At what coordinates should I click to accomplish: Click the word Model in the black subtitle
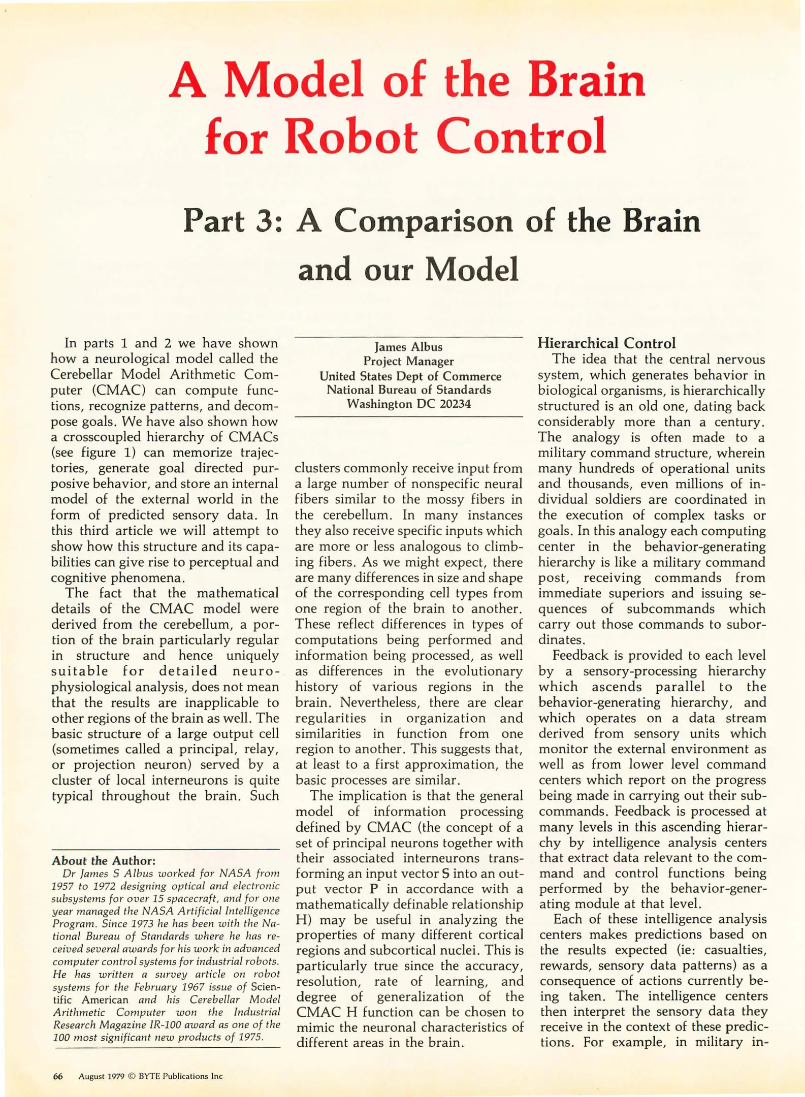pyautogui.click(x=472, y=270)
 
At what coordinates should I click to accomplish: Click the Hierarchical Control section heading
pyautogui.click(x=606, y=343)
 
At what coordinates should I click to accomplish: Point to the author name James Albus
pyautogui.click(x=408, y=347)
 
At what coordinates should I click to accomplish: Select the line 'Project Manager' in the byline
pyautogui.click(x=408, y=361)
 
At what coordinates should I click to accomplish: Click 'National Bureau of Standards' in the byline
pyautogui.click(x=408, y=390)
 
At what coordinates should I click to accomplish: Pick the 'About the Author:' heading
pyautogui.click(x=104, y=861)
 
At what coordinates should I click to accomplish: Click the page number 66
pyautogui.click(x=58, y=1076)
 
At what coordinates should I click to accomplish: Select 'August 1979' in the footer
pyautogui.click(x=101, y=1076)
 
